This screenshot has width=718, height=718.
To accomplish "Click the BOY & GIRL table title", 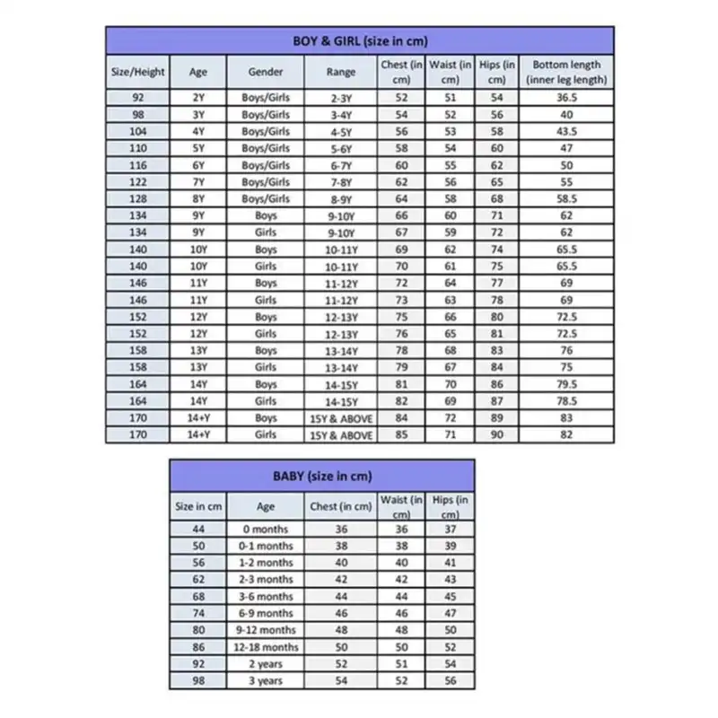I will click(x=359, y=40).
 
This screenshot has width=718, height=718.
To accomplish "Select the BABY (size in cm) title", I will click(x=322, y=476).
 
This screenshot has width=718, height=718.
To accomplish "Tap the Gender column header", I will click(x=265, y=72).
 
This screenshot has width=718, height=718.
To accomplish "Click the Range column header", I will click(x=341, y=72).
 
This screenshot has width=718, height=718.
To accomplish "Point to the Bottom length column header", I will click(x=566, y=72).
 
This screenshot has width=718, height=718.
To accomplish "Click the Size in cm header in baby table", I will click(x=197, y=506).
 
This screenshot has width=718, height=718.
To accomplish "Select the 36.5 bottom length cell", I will click(x=566, y=98).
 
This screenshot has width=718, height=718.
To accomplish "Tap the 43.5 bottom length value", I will click(x=566, y=131).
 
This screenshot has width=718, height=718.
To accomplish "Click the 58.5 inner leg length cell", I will click(x=566, y=198).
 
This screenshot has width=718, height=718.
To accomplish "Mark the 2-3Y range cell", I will click(x=341, y=98).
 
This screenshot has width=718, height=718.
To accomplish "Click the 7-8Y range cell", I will click(x=341, y=181).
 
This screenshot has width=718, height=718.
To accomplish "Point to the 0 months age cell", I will click(x=265, y=530).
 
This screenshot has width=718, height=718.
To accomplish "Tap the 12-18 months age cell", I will click(x=265, y=647).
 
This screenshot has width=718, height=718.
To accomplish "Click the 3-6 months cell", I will click(x=265, y=596).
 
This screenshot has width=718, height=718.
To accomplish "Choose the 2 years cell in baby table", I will click(x=265, y=664).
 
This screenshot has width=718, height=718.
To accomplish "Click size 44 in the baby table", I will click(x=197, y=530).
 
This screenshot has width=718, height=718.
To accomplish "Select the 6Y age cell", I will click(x=198, y=165).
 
